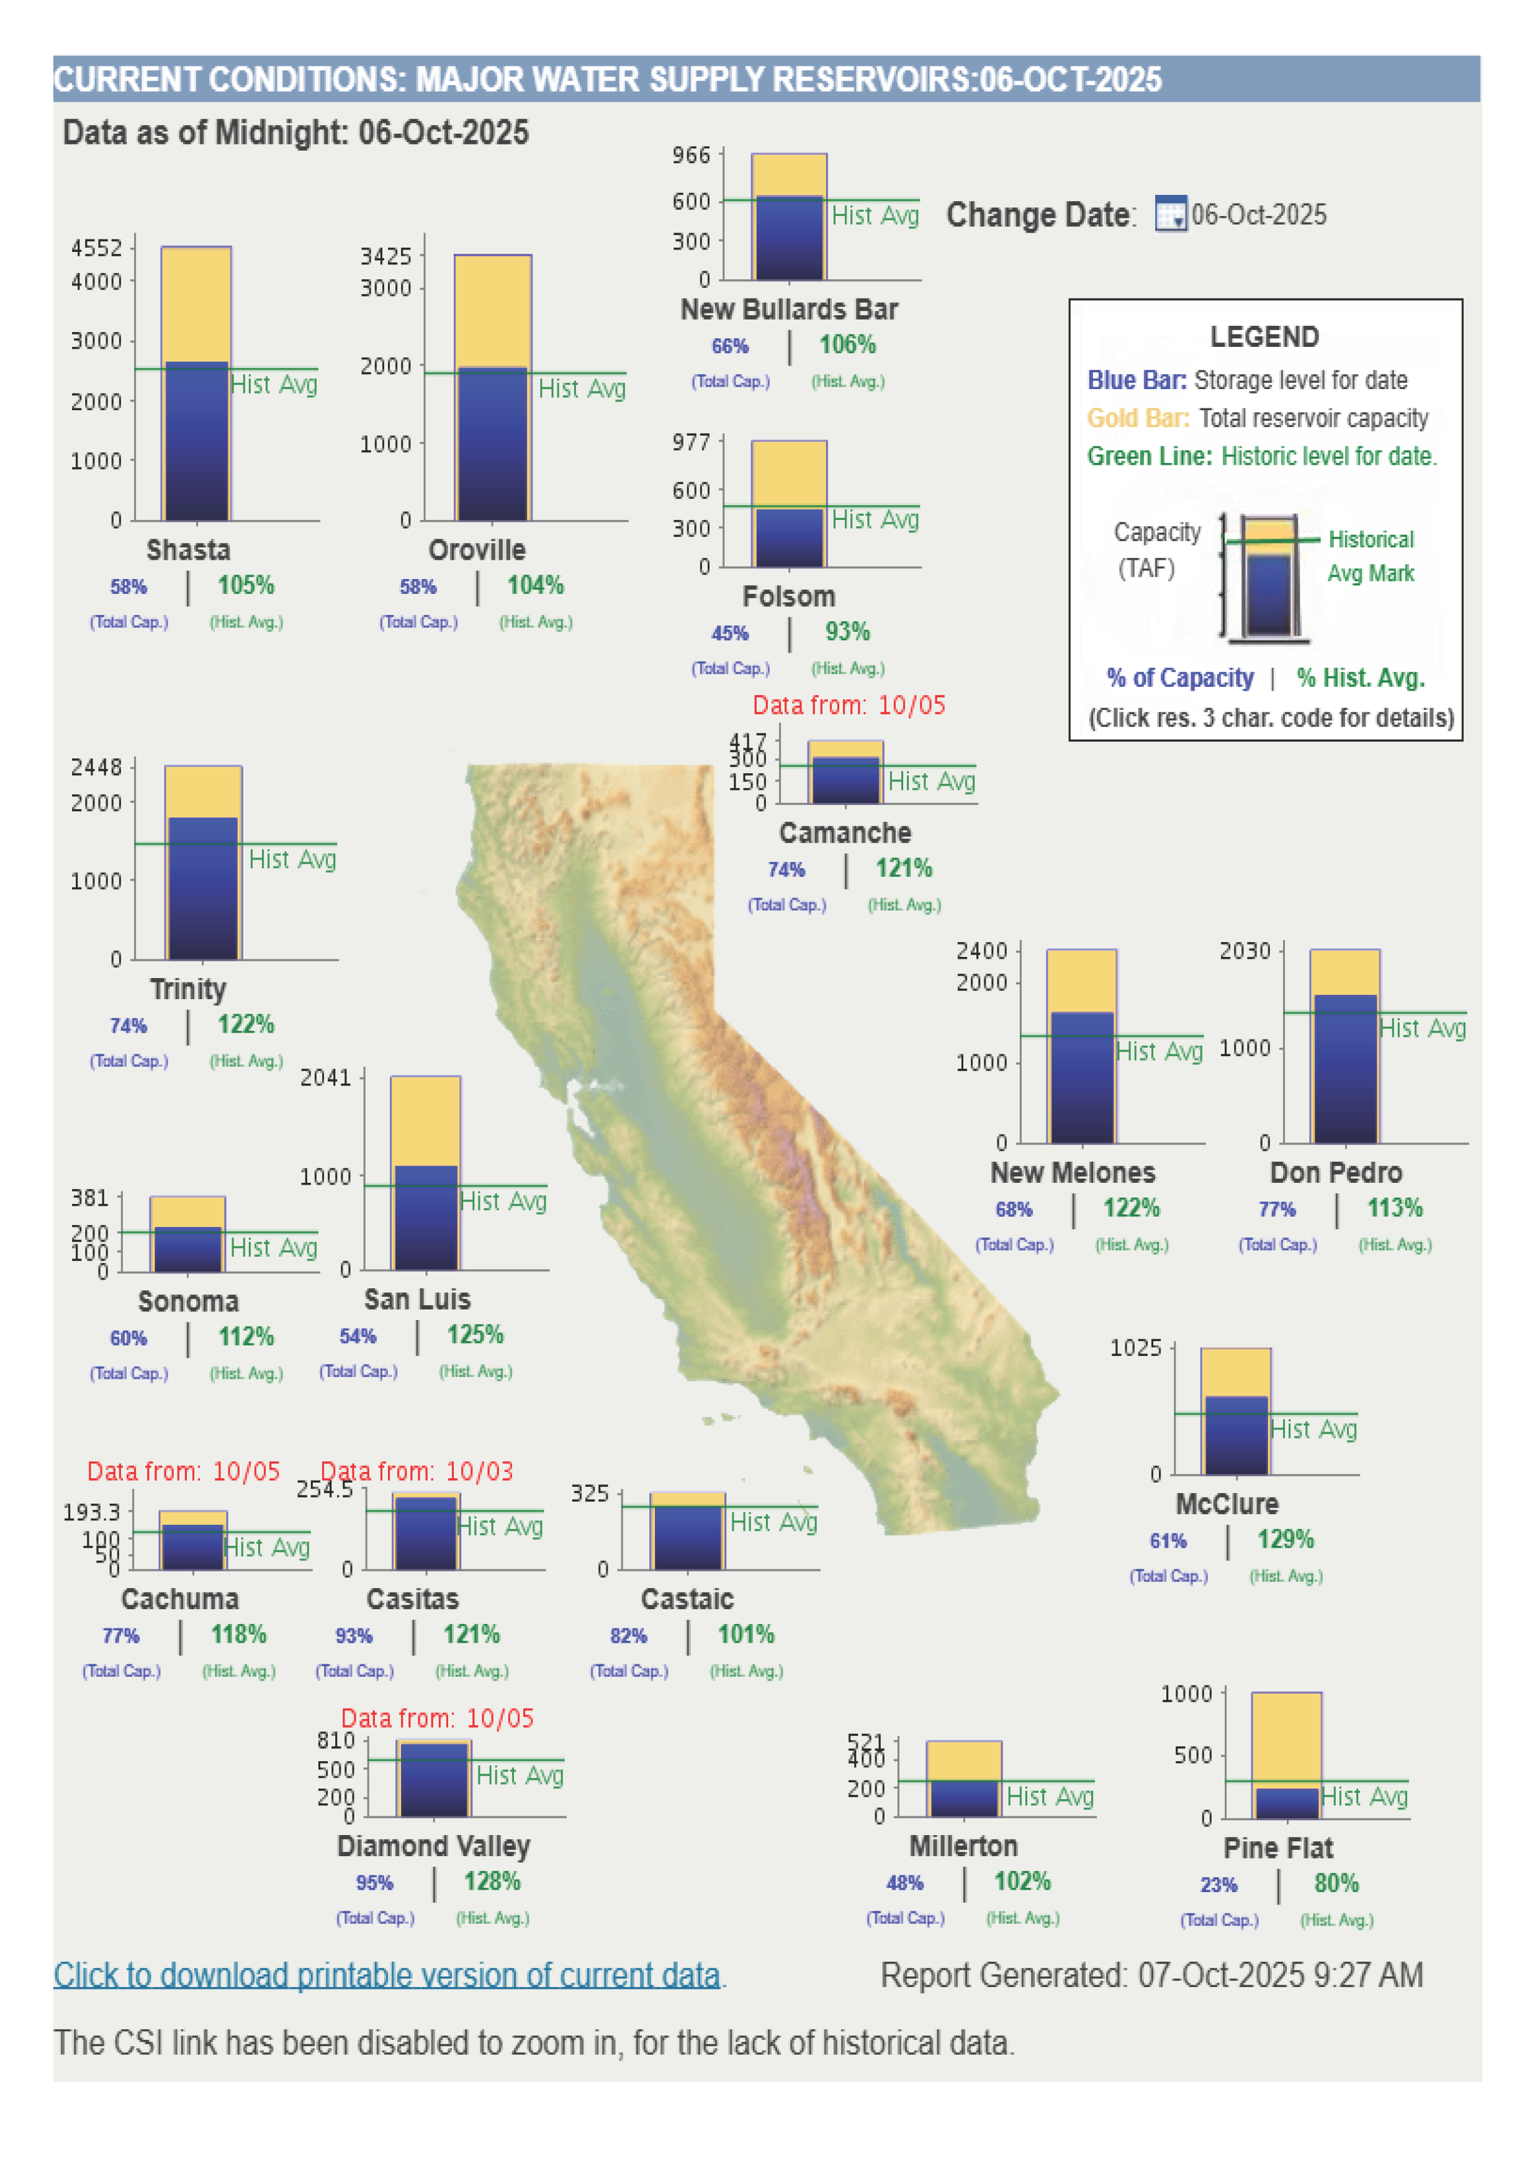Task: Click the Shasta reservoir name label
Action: click(187, 550)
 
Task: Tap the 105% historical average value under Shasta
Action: click(246, 585)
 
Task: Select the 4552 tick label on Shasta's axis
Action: click(97, 248)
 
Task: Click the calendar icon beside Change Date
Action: click(1170, 214)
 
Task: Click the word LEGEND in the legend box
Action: click(1264, 336)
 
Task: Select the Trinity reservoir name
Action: click(187, 989)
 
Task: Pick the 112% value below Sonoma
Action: click(246, 1337)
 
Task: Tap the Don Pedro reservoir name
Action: click(1335, 1173)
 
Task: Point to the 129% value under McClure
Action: click(1285, 1540)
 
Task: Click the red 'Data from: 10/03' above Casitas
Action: click(417, 1471)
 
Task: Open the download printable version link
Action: click(387, 1975)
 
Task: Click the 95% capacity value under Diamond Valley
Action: click(374, 1883)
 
